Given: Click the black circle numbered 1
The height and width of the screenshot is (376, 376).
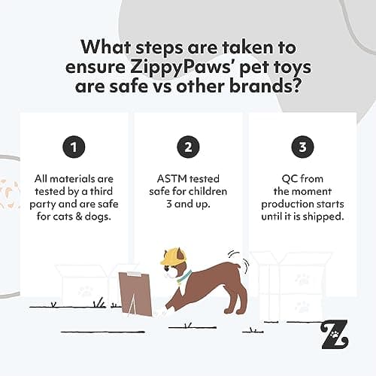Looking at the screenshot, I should (x=73, y=147).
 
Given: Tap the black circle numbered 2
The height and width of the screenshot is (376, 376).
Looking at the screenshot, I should (x=188, y=147).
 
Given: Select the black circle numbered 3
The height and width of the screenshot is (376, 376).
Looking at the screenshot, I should (x=302, y=147).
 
